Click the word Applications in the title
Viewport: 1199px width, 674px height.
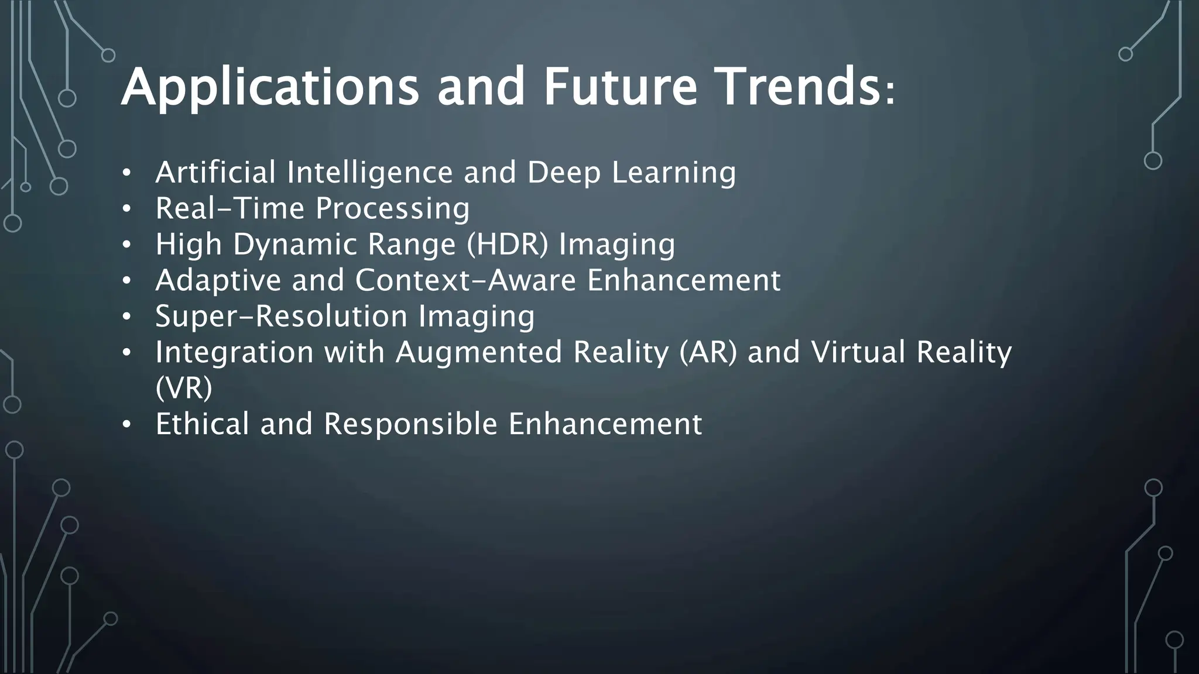pyautogui.click(x=270, y=88)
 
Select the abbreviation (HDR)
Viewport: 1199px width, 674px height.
pyautogui.click(x=508, y=245)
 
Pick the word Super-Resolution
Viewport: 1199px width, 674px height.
pyautogui.click(x=281, y=317)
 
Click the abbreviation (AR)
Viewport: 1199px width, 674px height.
pyautogui.click(x=708, y=353)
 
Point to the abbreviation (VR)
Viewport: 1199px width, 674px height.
pyautogui.click(x=183, y=388)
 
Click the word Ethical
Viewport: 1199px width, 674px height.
pyautogui.click(x=203, y=424)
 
